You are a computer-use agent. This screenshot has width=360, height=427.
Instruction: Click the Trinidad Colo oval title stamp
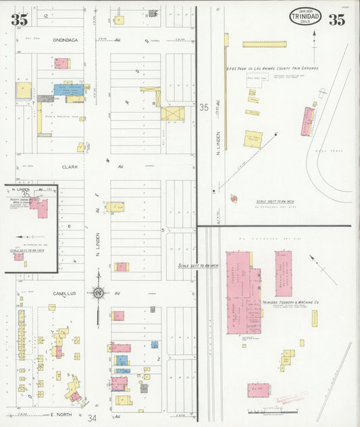tap(305, 17)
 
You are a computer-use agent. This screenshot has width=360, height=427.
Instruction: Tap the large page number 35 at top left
tap(19, 20)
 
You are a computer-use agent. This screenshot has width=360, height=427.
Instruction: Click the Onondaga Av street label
tap(68, 40)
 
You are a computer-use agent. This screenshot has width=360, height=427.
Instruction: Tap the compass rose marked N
tap(99, 294)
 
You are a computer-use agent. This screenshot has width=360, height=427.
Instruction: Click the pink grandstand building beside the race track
tap(308, 121)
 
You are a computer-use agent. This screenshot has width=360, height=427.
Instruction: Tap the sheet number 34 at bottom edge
tap(93, 418)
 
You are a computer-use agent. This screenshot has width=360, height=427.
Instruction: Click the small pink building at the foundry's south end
tap(257, 391)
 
